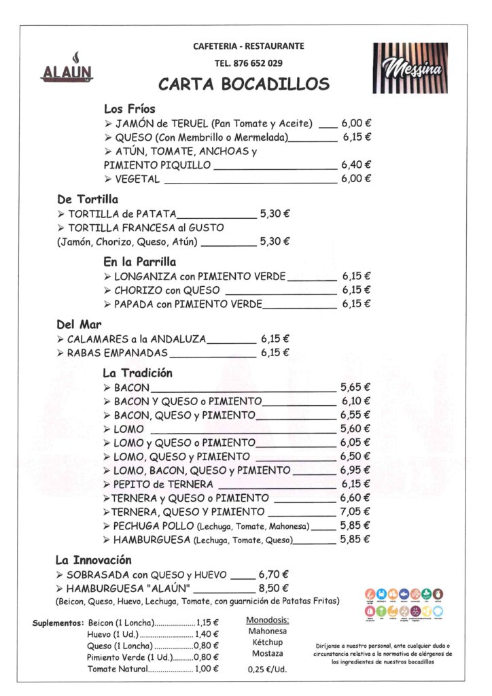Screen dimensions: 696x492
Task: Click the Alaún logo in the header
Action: [x=67, y=67]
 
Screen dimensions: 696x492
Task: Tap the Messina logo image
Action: [x=410, y=67]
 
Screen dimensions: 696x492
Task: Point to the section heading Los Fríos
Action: [x=129, y=109]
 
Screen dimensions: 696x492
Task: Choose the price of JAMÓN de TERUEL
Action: [x=356, y=124]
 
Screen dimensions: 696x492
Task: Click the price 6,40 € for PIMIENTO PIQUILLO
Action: [x=356, y=164]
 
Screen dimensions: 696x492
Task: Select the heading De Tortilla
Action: [x=88, y=200]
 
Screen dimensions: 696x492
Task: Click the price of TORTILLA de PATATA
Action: [x=275, y=213]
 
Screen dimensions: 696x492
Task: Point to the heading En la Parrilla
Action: [x=139, y=262]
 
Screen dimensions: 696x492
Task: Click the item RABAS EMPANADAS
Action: [x=116, y=353]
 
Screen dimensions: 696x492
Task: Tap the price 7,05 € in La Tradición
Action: [x=355, y=512]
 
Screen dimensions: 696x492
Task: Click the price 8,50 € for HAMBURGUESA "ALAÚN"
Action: [x=274, y=588]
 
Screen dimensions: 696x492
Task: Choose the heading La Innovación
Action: [x=92, y=560]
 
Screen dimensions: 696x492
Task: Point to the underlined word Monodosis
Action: [x=267, y=620]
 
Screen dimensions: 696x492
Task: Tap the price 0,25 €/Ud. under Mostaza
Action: [x=267, y=669]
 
